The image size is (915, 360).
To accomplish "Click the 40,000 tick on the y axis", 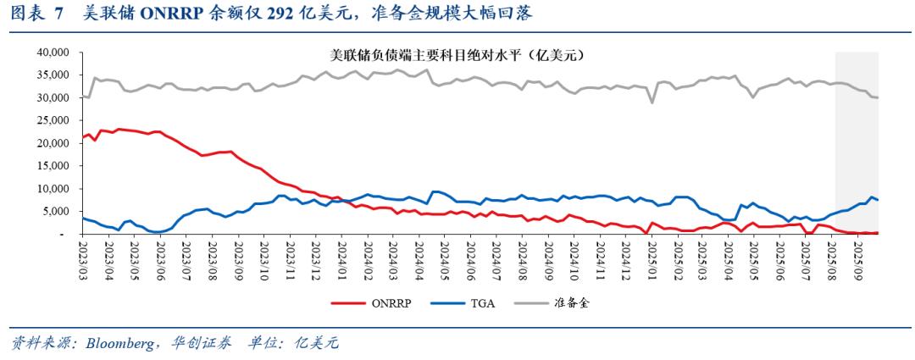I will [x=53, y=53].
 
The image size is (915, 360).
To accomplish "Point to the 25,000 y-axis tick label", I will [x=53, y=120].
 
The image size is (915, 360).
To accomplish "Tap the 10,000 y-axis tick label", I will [x=53, y=188].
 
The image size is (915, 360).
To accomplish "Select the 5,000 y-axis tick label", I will [x=57, y=211].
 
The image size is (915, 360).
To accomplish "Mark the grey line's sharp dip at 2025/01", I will [x=652, y=102].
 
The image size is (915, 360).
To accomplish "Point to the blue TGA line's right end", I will [x=878, y=200].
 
